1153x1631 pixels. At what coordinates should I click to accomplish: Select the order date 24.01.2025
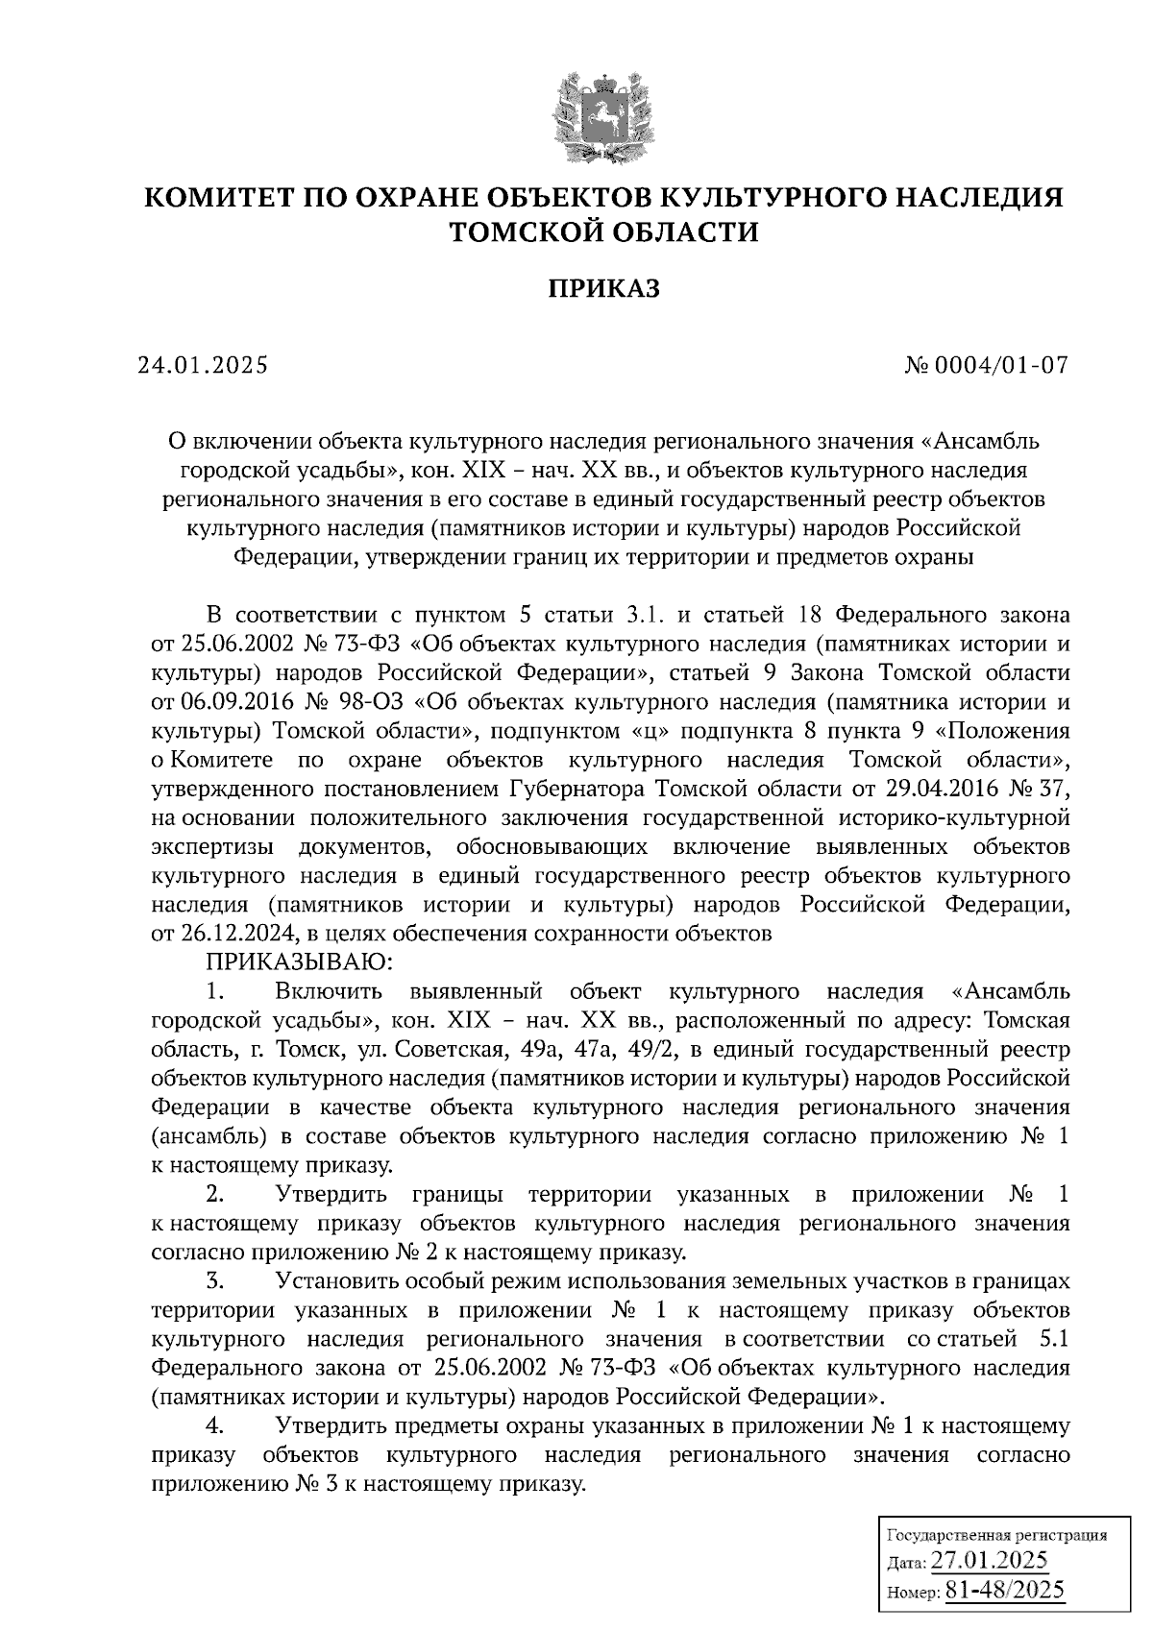pos(202,366)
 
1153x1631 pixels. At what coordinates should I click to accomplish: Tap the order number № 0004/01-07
pos(986,366)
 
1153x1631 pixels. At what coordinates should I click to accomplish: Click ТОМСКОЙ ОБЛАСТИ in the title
pos(604,231)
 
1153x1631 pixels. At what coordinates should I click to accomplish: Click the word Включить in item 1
pos(329,990)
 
